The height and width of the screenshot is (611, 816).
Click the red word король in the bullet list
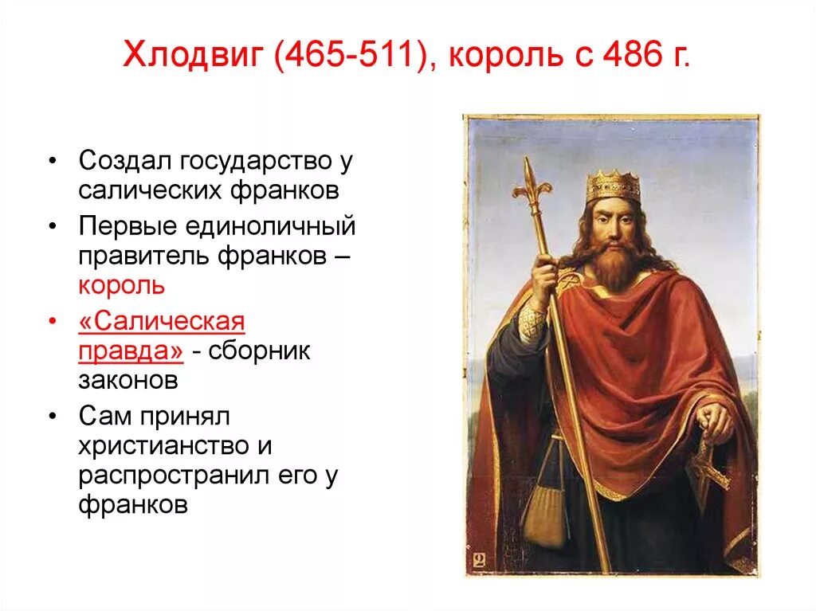click(121, 285)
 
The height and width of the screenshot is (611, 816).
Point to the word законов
click(128, 380)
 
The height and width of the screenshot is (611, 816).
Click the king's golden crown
click(613, 186)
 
